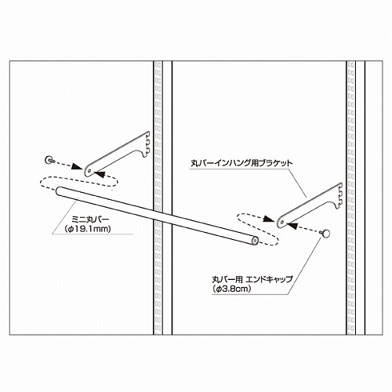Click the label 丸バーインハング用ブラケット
coord(241,164)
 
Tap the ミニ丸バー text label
coord(90,220)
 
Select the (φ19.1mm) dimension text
coord(88,229)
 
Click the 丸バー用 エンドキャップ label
coord(252,280)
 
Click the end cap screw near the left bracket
coord(49,160)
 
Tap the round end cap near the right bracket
coord(325,234)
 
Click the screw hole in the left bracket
coord(89,171)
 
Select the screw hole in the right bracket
coord(282,222)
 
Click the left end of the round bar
coord(59,191)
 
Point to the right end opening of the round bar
coord(254,240)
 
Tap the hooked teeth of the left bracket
coord(147,143)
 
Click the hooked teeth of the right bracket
coord(339,194)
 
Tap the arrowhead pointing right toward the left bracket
coord(77,167)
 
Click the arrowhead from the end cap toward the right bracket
coord(292,225)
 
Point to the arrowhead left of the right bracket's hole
coord(270,219)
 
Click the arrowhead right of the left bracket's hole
coord(100,174)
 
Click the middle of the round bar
coord(157,216)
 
